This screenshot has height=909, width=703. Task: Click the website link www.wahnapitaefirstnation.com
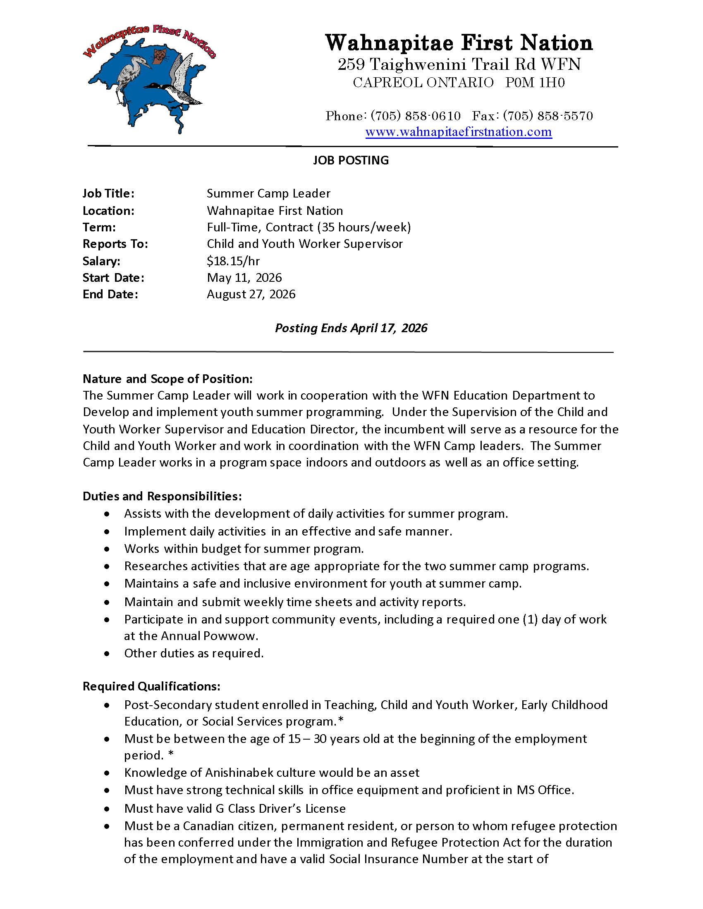[x=459, y=132]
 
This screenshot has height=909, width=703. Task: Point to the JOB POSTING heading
[x=351, y=160]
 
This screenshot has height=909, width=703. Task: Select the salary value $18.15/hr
[x=233, y=261]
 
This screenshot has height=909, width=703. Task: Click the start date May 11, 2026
[x=244, y=278]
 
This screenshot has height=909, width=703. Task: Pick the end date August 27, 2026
[x=251, y=294]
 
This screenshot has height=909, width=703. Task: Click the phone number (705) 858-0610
[x=415, y=116]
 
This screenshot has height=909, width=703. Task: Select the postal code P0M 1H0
[x=535, y=83]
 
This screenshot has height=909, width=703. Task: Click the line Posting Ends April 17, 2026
[x=351, y=328]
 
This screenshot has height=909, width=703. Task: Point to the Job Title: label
[x=108, y=193]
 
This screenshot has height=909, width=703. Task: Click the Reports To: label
[x=115, y=244]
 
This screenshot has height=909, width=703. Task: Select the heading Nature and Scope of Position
[x=167, y=379]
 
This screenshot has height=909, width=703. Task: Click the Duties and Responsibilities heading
[x=162, y=496]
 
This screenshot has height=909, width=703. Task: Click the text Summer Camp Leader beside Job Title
[x=269, y=193]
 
